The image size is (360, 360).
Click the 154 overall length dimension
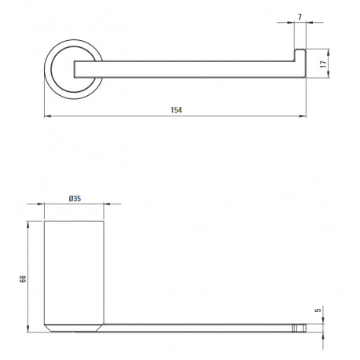coord(176,110)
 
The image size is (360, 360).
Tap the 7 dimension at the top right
coord(299,17)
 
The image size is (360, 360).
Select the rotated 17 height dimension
coord(324,64)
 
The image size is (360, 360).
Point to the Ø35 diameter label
coord(75,199)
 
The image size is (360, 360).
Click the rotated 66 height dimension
coord(23,278)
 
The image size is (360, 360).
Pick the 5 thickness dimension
coord(318,310)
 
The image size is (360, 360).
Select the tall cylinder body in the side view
coord(74,273)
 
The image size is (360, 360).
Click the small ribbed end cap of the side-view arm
coord(299,328)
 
